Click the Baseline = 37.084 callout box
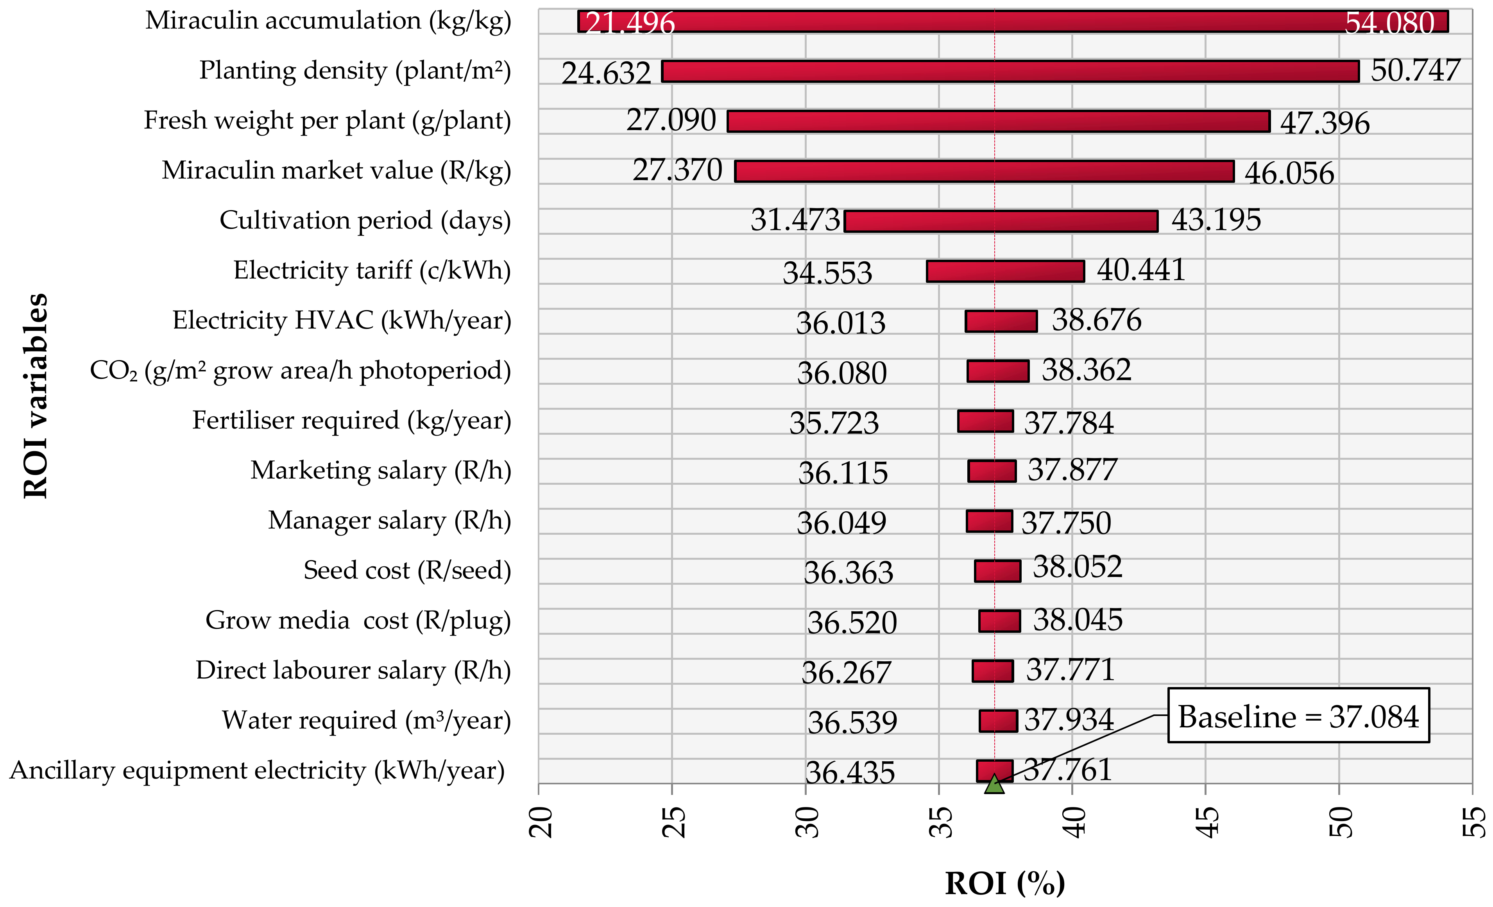(1298, 716)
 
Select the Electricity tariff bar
(1005, 271)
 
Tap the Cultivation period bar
(1001, 221)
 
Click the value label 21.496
(630, 23)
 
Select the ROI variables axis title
(35, 396)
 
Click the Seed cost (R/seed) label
(407, 570)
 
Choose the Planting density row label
(355, 71)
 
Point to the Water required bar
(998, 721)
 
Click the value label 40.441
(1140, 270)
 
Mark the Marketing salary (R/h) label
(381, 470)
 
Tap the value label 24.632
(606, 73)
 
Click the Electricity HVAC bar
(1001, 321)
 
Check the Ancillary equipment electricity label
(257, 771)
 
